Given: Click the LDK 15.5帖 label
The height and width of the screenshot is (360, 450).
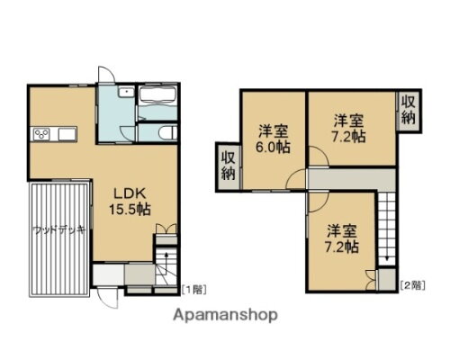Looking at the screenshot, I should [130, 200].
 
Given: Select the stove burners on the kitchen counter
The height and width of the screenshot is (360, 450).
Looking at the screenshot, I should [42, 135].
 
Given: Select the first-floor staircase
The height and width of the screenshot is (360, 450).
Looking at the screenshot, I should [166, 265].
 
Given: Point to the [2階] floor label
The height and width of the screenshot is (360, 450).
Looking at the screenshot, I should [411, 284].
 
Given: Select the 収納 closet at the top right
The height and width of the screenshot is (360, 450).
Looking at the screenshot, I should [409, 110].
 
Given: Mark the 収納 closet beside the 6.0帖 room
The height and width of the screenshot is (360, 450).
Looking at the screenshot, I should [227, 166].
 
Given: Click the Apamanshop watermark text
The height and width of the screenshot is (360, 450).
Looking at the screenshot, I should [224, 316].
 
